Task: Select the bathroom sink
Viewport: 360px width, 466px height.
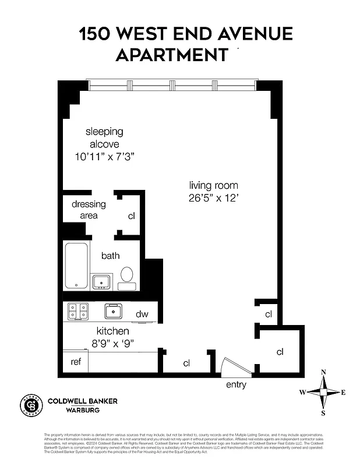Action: pos(102,282)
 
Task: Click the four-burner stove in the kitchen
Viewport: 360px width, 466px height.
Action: pos(77,311)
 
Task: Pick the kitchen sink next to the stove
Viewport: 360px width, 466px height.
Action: pos(113,310)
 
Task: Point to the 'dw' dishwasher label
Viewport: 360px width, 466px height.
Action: pos(142,315)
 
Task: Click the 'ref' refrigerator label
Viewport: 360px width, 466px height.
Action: pos(76,361)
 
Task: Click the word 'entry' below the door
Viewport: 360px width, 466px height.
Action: pos(236,384)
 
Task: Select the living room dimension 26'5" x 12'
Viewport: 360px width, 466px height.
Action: pos(214,197)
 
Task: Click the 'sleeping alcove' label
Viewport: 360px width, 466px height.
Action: pos(104,137)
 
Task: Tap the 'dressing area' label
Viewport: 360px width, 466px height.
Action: pos(89,210)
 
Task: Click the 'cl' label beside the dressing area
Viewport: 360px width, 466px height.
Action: pos(132,216)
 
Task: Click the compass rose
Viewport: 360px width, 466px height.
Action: pos(323,393)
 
